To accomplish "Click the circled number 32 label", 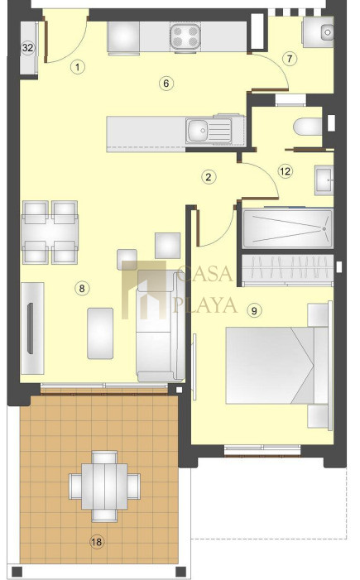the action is [x=28, y=48].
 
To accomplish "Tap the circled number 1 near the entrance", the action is [x=77, y=67].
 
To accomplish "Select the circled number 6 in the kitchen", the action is [x=166, y=84].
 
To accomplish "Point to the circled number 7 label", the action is [x=290, y=59].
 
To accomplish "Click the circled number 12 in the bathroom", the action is [x=286, y=171].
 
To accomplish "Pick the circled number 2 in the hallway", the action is [x=209, y=177].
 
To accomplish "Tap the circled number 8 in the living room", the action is [x=82, y=288].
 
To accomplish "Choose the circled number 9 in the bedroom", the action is [x=254, y=310].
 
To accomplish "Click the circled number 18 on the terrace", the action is [x=97, y=542].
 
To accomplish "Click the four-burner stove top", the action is [x=185, y=36].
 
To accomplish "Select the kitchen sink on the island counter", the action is [x=209, y=131].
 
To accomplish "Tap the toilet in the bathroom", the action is [x=308, y=127].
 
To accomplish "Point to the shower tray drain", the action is [x=324, y=229].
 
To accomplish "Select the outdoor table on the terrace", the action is [x=105, y=486].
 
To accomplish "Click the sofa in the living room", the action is [x=161, y=326].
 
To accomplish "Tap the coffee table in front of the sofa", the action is [x=100, y=333].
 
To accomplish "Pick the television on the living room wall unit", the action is [x=31, y=328].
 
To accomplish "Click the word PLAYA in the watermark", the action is [x=205, y=305].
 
